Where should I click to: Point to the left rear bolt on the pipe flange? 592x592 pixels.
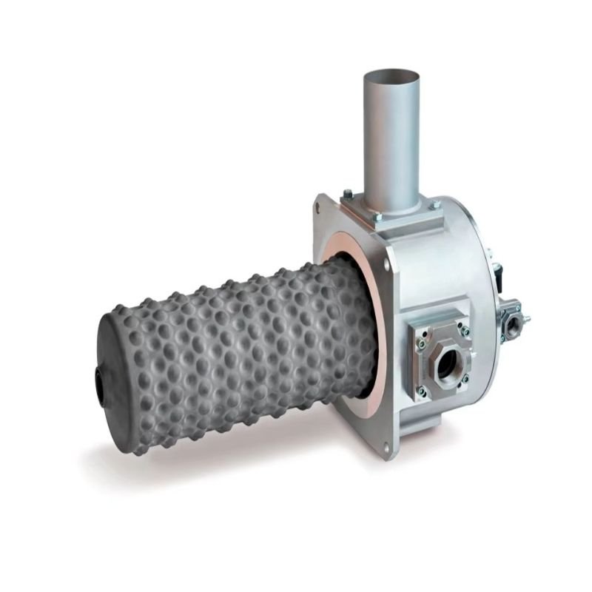click(347, 194)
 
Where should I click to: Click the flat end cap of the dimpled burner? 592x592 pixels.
click(111, 370)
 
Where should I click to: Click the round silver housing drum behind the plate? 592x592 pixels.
click(444, 266)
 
